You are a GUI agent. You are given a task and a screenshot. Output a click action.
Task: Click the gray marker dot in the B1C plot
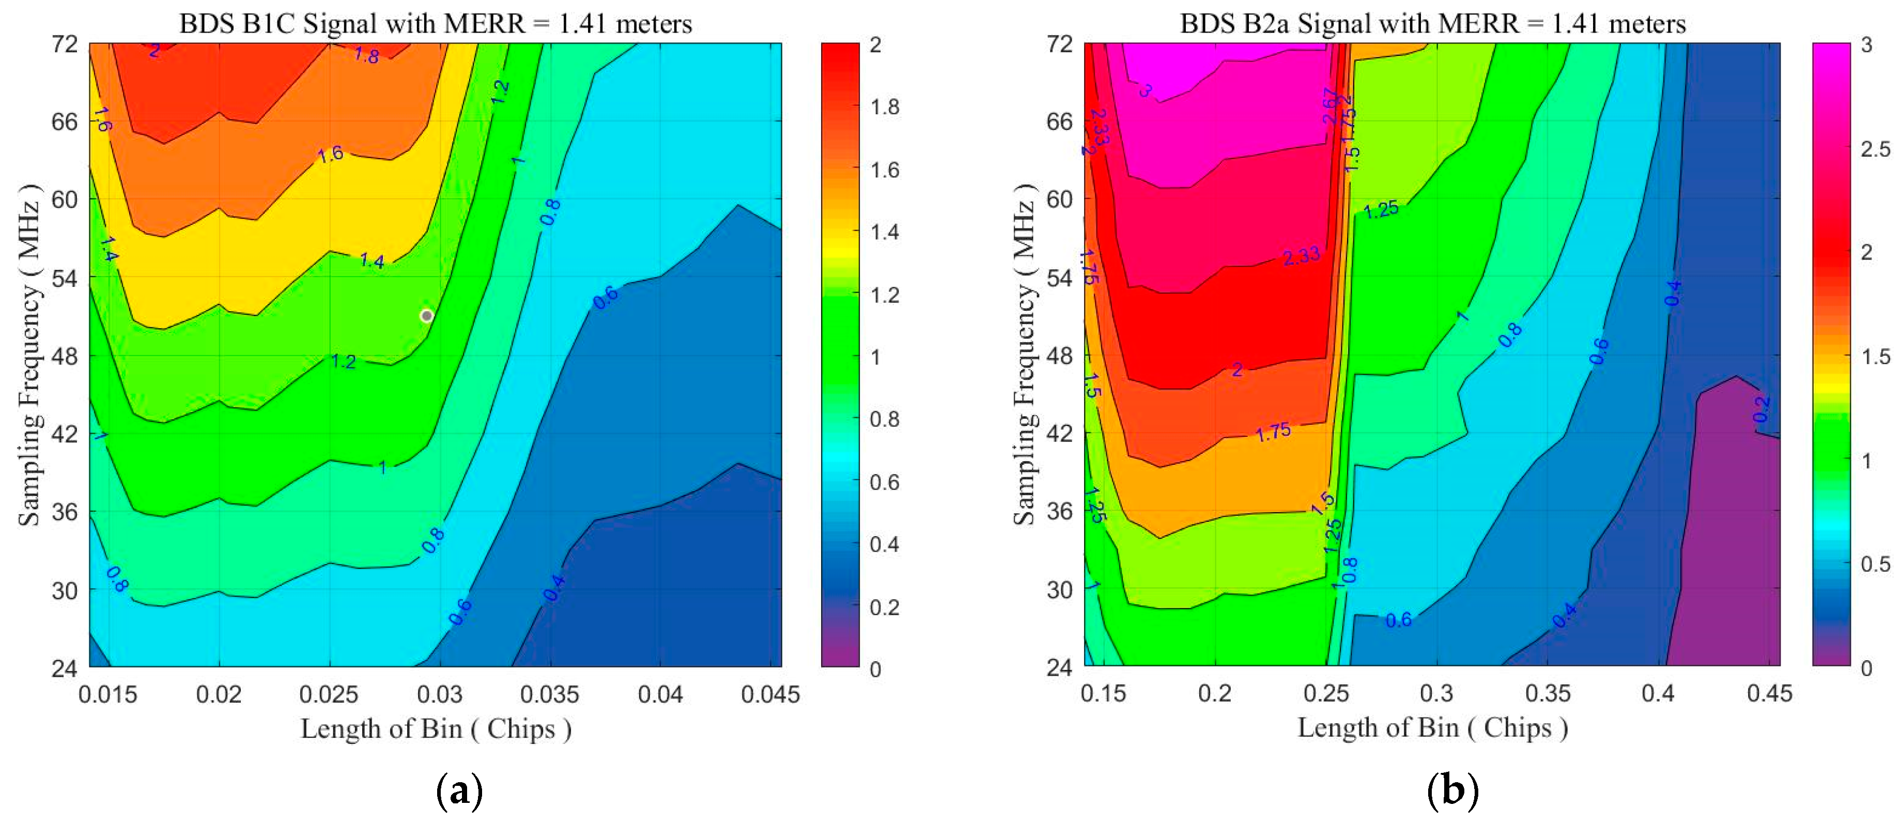(427, 316)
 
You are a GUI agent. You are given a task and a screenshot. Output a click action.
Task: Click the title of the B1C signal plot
(436, 24)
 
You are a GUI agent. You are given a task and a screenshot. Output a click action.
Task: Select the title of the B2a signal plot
(1432, 24)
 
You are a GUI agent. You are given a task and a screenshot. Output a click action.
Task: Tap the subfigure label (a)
(459, 791)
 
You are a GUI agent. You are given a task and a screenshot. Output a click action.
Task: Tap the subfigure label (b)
(1453, 791)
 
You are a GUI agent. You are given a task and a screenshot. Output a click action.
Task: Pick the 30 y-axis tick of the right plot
(1060, 590)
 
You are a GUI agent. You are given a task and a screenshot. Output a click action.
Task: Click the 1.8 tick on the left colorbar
(885, 107)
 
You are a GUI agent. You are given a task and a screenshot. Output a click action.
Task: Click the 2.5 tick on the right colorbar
(1876, 149)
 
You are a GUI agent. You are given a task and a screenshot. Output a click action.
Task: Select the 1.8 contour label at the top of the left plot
(366, 55)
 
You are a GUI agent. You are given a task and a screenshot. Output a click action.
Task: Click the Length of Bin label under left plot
(436, 729)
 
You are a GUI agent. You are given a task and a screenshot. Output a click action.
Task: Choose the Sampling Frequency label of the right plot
(1025, 355)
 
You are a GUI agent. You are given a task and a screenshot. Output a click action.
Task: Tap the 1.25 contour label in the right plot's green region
(1381, 210)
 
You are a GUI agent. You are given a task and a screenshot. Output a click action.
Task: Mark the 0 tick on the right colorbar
(1866, 668)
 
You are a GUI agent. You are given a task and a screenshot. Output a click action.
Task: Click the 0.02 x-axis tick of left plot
(219, 694)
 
